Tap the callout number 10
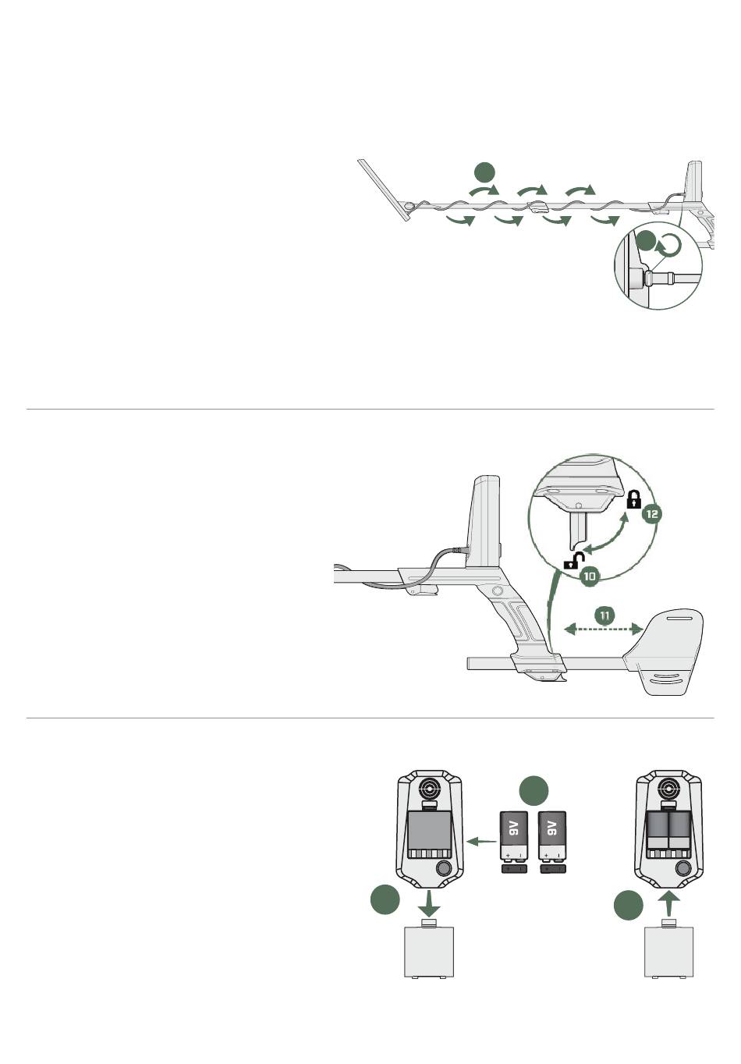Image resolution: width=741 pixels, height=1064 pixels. click(590, 576)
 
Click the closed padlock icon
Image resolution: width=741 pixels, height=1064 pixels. click(633, 500)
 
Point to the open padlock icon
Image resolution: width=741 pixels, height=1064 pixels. click(573, 560)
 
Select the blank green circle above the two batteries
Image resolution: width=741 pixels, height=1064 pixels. click(534, 790)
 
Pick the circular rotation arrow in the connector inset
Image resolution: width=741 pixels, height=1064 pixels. click(669, 246)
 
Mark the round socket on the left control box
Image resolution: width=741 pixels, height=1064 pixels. click(443, 869)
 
